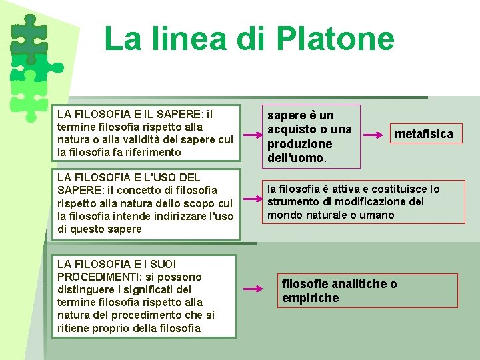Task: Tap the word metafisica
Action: (423, 134)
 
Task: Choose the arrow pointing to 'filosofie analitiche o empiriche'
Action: (254, 289)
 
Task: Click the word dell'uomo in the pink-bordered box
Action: (295, 159)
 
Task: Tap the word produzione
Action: (299, 144)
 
